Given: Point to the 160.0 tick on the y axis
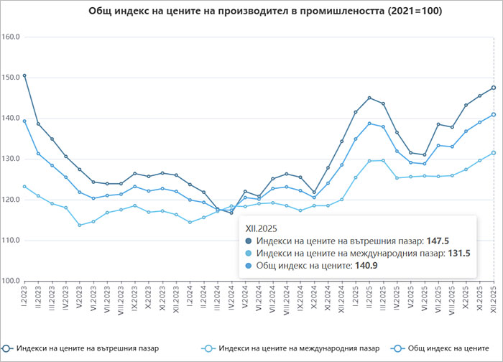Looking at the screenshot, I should [x=11, y=36].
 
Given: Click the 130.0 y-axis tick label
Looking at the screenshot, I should [x=11, y=159].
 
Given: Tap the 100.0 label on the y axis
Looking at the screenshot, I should [x=11, y=281].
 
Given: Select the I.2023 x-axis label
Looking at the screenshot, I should [x=24, y=298].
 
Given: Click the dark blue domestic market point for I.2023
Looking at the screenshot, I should [x=24, y=75].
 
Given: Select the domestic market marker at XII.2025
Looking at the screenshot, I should [x=494, y=88].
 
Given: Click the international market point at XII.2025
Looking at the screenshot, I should [x=494, y=152].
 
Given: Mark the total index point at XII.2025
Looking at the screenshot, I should [x=494, y=114].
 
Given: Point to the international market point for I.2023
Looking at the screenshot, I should [x=24, y=186].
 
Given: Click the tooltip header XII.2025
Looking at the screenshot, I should [x=261, y=228].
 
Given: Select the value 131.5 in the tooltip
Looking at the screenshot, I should [x=459, y=254].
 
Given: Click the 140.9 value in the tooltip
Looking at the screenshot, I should [x=366, y=266].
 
